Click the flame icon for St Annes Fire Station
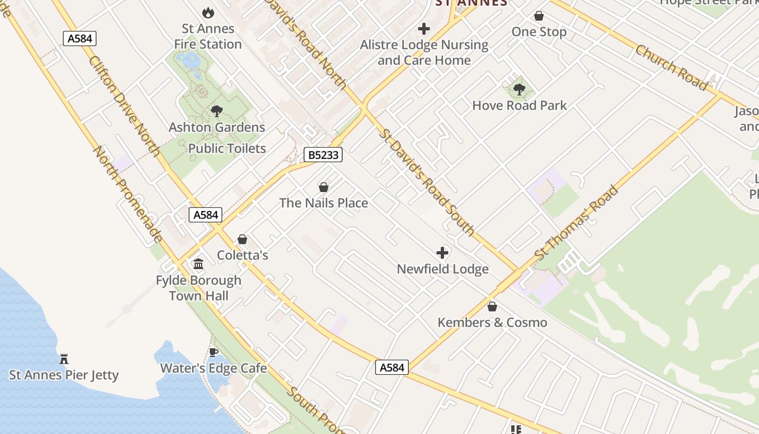click(208, 12)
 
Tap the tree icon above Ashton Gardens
click(216, 112)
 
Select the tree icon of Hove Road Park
click(519, 90)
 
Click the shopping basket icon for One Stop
click(538, 16)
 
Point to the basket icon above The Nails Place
click(324, 187)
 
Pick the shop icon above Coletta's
click(242, 239)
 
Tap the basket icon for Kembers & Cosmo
click(492, 307)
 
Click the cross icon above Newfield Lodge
click(442, 253)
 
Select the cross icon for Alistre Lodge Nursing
click(424, 29)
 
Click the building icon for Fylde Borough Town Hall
click(198, 264)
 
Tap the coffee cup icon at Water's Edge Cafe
click(214, 352)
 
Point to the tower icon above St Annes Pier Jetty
click(64, 359)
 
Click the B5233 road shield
click(323, 155)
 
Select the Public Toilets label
click(227, 148)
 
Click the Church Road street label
click(671, 67)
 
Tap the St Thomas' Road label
click(576, 222)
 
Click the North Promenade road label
click(128, 194)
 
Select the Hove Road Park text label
click(519, 105)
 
